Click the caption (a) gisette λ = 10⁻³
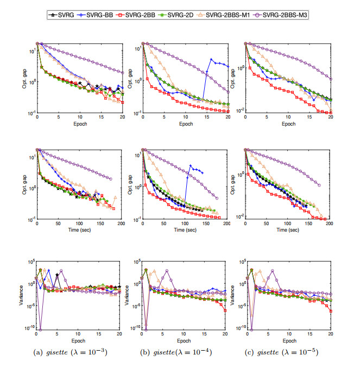(x=78, y=352)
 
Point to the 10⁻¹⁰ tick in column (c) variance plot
(x=239, y=328)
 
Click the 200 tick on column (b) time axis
(x=228, y=224)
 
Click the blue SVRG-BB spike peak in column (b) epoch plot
(x=211, y=60)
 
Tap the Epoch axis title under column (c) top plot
(x=288, y=123)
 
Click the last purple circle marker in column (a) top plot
(x=122, y=73)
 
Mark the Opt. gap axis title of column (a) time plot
(x=23, y=184)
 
